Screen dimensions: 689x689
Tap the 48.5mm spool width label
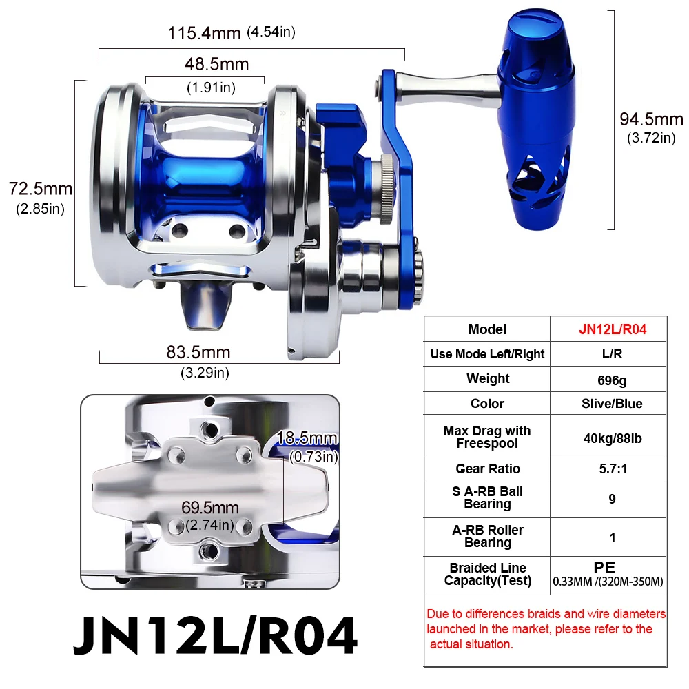[x=216, y=65]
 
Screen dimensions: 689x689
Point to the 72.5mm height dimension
[x=41, y=188]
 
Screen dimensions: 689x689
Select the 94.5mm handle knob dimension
[x=651, y=119]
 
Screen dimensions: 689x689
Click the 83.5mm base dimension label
[x=198, y=353]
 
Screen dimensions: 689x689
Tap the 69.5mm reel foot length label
[x=210, y=508]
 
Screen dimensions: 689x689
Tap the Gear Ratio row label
[x=488, y=469]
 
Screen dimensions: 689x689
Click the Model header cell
[x=487, y=329]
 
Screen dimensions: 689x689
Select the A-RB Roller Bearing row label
[x=488, y=536]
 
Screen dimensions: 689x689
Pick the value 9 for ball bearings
[x=612, y=498]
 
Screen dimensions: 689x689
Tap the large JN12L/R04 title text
[x=216, y=635]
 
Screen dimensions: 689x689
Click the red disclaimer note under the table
[x=545, y=628]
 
